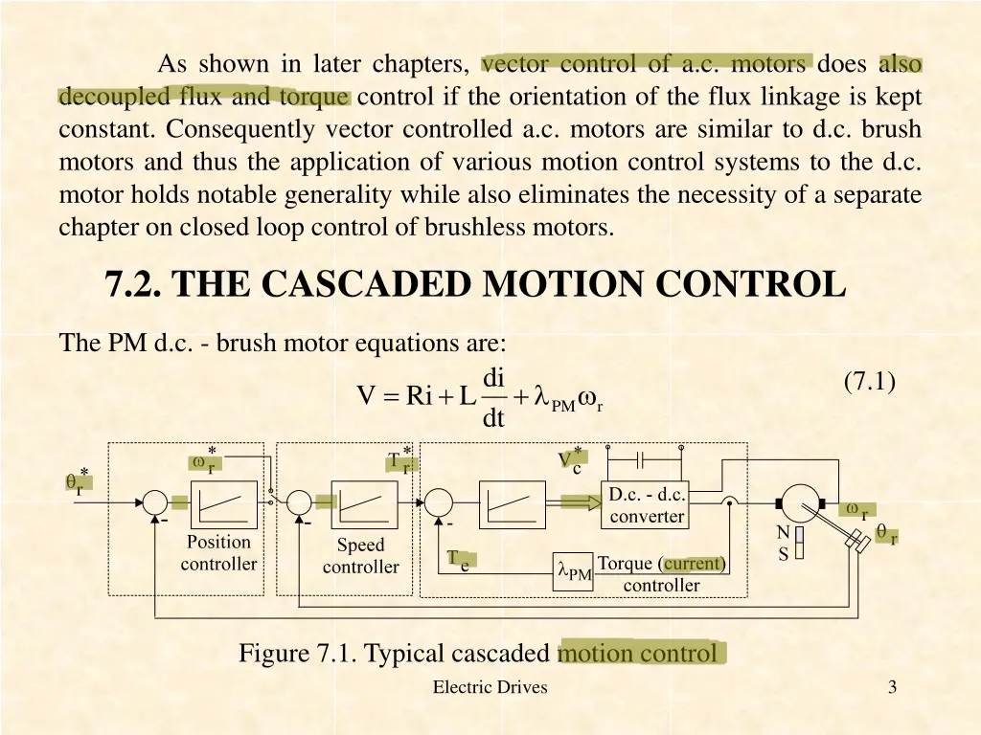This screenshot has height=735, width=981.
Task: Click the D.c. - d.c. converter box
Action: coord(646,505)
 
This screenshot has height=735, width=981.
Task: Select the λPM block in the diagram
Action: coord(574,571)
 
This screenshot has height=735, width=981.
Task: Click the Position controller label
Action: coord(218,553)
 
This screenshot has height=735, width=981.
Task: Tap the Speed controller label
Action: coord(360,556)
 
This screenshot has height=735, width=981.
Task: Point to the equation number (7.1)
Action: coord(870,381)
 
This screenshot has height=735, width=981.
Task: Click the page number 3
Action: coord(892,686)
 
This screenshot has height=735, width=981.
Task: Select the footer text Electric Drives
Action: coord(490,686)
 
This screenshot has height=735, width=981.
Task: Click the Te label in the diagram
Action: coord(458,561)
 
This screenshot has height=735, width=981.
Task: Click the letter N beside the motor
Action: coord(783,533)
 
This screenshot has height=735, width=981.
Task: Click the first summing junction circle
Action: coord(153,500)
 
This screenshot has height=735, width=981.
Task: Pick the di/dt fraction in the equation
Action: coord(493,398)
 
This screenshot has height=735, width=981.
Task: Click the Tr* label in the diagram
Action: coord(399,461)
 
